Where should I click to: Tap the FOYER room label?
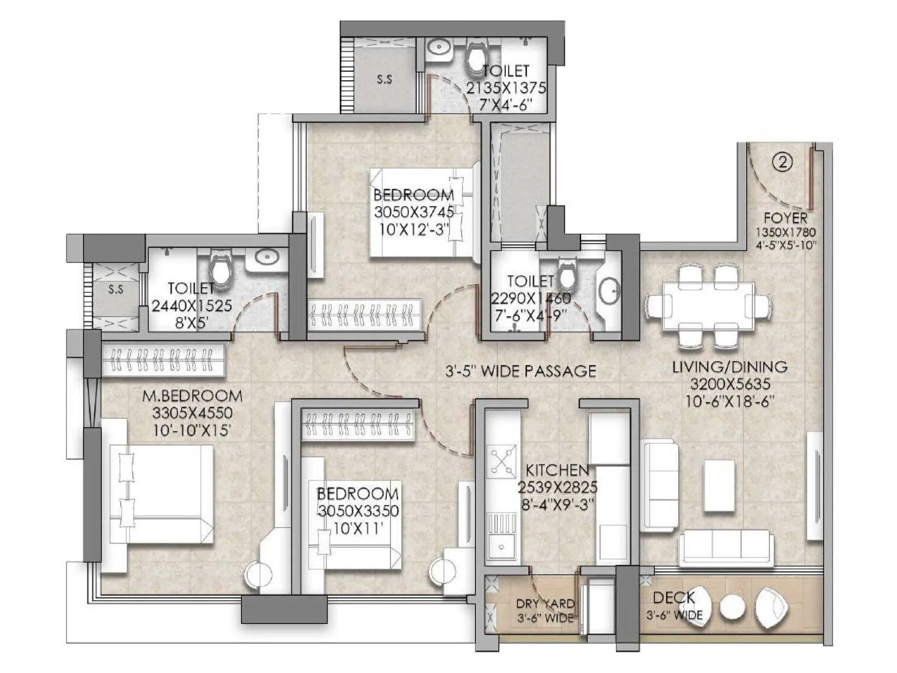pos(785,218)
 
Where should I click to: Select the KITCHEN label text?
pos(557,469)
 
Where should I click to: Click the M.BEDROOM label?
pos(192,396)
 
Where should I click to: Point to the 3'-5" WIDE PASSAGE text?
pos(520,371)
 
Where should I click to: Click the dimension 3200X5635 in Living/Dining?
pos(730,384)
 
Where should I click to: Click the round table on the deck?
pos(731,606)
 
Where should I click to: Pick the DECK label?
pos(674,598)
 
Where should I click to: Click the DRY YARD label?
pos(545,603)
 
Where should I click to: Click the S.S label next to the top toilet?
pos(384,80)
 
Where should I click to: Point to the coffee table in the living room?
pos(719,485)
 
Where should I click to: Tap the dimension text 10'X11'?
pos(358,528)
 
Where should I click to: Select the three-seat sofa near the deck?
pos(726,548)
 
